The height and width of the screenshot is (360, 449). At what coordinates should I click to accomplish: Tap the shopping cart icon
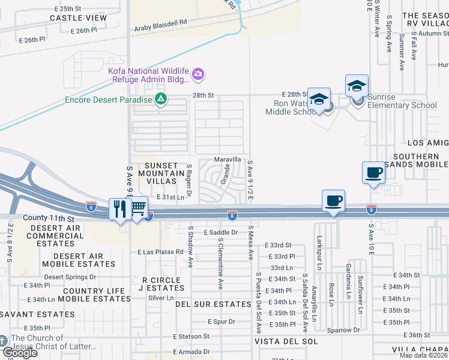(138, 208)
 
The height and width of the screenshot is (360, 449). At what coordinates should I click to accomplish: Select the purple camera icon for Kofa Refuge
(198, 75)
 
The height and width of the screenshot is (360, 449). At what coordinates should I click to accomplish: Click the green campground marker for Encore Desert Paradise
(160, 99)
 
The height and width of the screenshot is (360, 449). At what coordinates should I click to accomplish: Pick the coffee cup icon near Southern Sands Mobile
(373, 173)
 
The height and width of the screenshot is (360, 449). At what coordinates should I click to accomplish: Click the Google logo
(20, 352)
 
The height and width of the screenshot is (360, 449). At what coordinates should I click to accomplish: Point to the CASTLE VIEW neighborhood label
(78, 18)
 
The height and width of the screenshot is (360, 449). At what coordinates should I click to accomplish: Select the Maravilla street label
(228, 160)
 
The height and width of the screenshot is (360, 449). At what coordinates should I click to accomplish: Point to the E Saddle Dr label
(221, 232)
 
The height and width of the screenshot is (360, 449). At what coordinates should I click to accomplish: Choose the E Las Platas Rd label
(160, 252)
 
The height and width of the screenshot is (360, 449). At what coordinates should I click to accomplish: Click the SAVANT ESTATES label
(37, 314)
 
